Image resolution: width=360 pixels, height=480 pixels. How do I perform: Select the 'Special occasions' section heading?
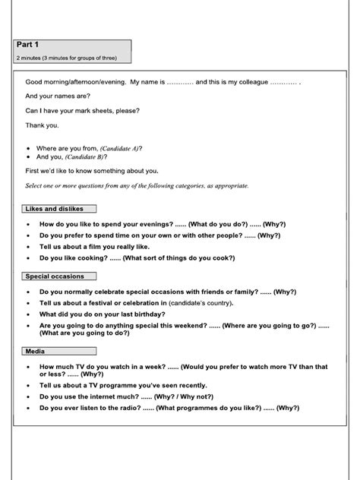point(55,276)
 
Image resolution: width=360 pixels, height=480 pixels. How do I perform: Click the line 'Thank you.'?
point(42,125)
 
